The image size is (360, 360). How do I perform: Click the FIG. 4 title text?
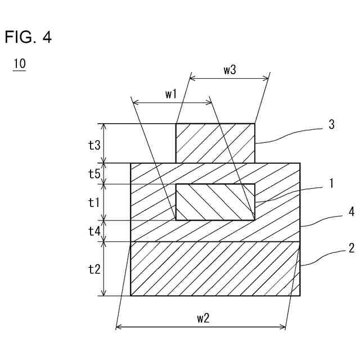point(28,38)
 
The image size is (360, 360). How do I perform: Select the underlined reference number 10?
point(19,64)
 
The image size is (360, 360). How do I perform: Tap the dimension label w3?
point(229,70)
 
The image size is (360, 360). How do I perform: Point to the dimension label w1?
point(171,94)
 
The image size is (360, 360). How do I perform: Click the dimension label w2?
point(203,318)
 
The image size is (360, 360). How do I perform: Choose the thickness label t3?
point(94,145)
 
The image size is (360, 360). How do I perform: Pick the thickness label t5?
point(94,174)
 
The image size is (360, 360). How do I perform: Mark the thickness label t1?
point(94,202)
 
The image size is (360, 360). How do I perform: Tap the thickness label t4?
point(94,231)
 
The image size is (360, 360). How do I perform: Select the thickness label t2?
point(94,268)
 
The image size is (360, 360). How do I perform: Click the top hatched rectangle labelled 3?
point(215,143)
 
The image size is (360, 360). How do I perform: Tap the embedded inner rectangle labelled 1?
point(215,202)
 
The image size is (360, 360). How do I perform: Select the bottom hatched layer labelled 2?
point(215,268)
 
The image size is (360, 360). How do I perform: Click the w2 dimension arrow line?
point(169,328)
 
